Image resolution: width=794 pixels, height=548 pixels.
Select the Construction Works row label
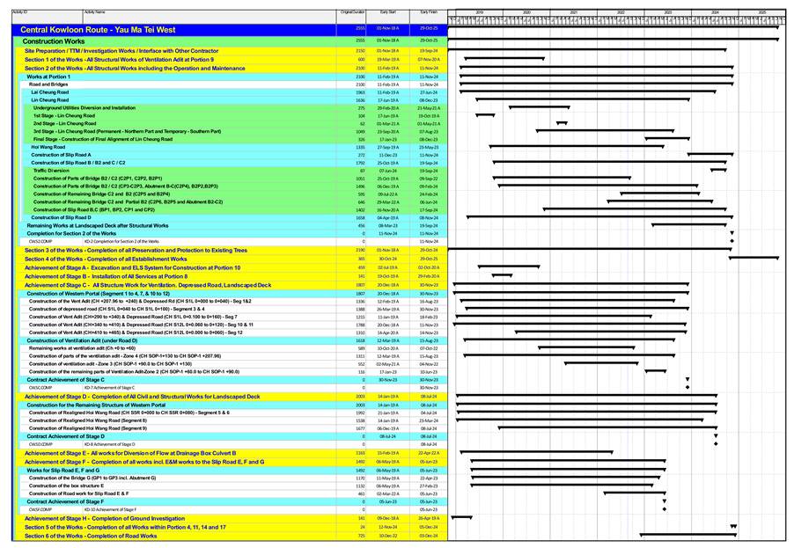pyautogui.click(x=54, y=41)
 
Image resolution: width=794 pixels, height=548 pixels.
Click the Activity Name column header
pyautogui.click(x=94, y=12)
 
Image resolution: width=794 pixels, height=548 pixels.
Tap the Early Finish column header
pyautogui.click(x=429, y=12)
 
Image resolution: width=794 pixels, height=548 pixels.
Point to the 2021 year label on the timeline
pyautogui.click(x=573, y=12)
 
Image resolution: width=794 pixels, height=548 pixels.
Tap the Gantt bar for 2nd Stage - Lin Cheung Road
pyautogui.click(x=562, y=123)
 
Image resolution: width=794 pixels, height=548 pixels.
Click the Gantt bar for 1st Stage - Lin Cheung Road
pyautogui.click(x=485, y=115)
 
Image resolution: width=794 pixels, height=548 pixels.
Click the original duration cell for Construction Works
pyautogui.click(x=359, y=41)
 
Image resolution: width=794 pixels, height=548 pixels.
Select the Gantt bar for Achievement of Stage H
pyautogui.click(x=461, y=518)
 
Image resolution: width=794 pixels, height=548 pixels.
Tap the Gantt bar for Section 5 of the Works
pyautogui.click(x=733, y=526)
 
